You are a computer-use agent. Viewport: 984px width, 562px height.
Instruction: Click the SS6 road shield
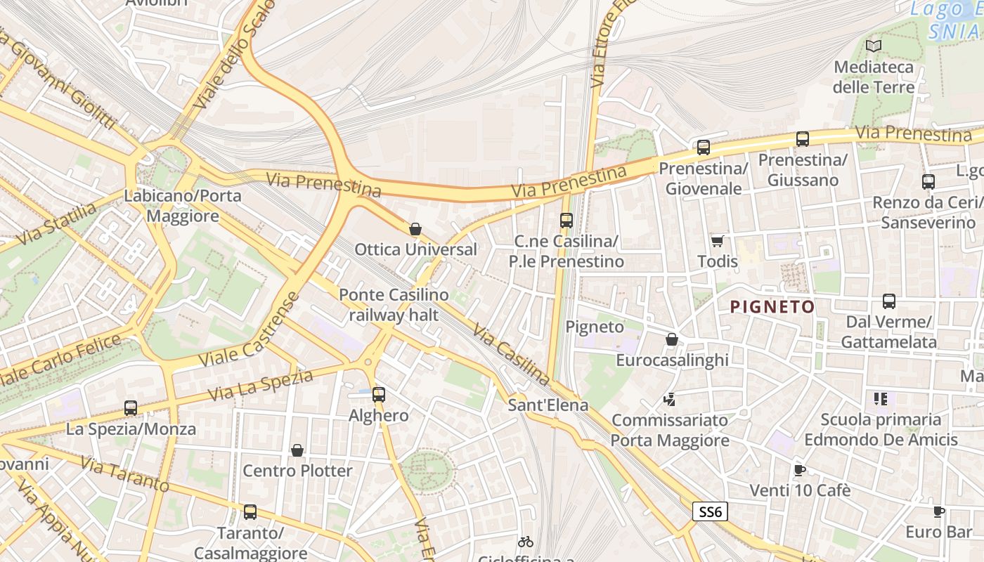coord(710,511)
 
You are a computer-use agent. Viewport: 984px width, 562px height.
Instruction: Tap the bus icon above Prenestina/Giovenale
coord(704,148)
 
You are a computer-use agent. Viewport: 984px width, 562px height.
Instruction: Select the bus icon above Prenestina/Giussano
coord(802,139)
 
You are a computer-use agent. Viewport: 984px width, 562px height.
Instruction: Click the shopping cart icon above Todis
coord(717,242)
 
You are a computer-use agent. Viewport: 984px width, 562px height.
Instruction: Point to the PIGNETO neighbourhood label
coord(772,307)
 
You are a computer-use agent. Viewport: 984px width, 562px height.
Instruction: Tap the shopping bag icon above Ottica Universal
coord(415,229)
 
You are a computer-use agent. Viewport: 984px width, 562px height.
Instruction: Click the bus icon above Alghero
coord(379,395)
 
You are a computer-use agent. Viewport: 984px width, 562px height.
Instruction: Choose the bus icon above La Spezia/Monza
coord(131,408)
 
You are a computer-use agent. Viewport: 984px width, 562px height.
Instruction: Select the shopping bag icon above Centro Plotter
coord(297,450)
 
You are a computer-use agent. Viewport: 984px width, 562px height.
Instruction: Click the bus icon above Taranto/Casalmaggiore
coord(250,512)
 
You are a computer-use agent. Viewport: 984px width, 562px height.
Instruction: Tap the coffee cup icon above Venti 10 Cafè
coord(799,470)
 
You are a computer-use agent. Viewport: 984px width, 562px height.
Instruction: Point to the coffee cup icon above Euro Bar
coord(938,511)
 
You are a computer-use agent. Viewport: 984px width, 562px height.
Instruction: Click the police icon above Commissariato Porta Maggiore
coord(669,400)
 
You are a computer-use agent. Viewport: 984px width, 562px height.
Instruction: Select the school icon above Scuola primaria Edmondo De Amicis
coord(881,399)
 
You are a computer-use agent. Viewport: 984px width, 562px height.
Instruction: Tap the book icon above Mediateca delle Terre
coord(874,46)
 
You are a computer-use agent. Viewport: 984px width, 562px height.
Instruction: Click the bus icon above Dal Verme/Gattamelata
coord(889,301)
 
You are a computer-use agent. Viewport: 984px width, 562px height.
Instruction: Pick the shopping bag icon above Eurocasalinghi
coord(672,340)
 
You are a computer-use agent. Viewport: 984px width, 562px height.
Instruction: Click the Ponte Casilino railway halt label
coord(394,305)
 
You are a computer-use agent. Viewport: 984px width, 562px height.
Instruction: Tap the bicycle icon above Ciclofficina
coord(525,542)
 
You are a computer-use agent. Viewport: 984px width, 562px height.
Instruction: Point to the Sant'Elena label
coord(548,405)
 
